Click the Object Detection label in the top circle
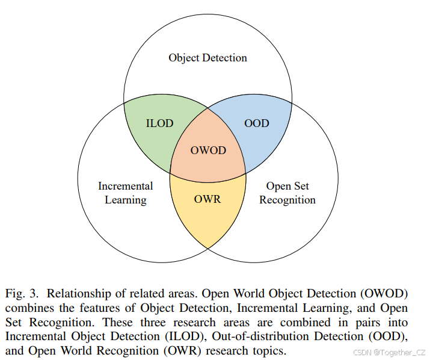click(x=207, y=58)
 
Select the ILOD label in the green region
click(x=159, y=123)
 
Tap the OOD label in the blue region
click(x=257, y=123)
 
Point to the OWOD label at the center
click(x=208, y=150)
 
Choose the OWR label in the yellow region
click(x=207, y=199)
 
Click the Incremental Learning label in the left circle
click(x=126, y=193)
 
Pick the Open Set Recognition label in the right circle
click(x=287, y=193)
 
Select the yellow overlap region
click(x=208, y=217)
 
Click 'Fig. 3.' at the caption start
click(x=23, y=294)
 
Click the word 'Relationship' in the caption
click(x=79, y=294)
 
